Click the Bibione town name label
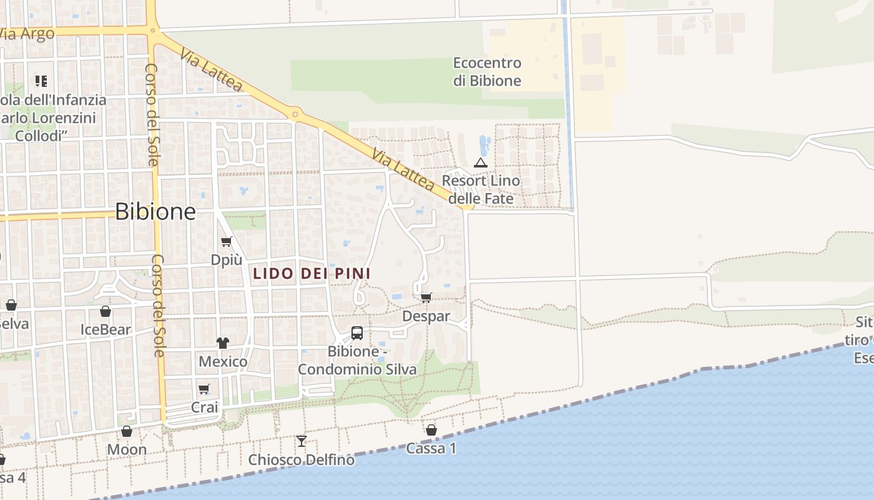[x=155, y=211]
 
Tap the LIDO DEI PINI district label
[x=312, y=273]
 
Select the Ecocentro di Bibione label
[x=487, y=72]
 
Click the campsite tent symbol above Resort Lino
[x=480, y=162]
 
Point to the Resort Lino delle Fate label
[x=481, y=189]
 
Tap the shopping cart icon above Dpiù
[x=226, y=242]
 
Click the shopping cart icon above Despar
[x=426, y=297]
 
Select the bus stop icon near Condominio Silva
[x=357, y=333]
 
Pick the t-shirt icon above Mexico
[x=223, y=342]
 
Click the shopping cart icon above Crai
[x=204, y=389]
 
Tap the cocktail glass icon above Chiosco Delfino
[x=302, y=441]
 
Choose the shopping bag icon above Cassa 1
[x=431, y=430]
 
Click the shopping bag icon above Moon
[x=127, y=431]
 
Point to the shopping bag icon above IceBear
[x=106, y=311]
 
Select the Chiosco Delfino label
[x=302, y=460]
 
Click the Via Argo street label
[x=26, y=34]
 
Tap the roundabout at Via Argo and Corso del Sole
[x=152, y=29]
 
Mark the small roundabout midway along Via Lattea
[x=295, y=114]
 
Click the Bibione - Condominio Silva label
[x=356, y=361]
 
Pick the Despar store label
[x=426, y=316]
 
